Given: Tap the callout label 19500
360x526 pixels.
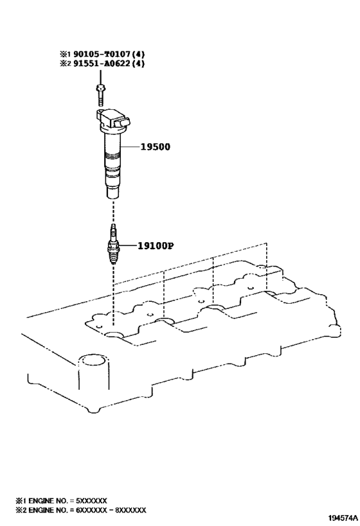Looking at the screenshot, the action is point(155,146).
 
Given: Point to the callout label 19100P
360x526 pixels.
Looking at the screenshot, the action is point(156,246).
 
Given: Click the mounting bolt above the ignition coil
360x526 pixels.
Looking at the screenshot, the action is point(100,95).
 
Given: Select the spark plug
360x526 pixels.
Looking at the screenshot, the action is point(114,244).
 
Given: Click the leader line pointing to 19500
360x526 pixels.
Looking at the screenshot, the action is point(130,146).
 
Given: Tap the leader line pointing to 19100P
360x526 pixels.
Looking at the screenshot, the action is point(128,246).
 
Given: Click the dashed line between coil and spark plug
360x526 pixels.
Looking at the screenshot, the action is point(113,212).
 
